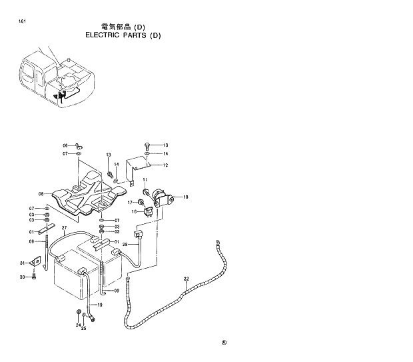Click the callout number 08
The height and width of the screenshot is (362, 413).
coord(41,194)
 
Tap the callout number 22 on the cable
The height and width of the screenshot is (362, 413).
coord(186,278)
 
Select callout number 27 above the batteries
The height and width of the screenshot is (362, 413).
coord(64,228)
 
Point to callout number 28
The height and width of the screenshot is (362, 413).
coord(125,245)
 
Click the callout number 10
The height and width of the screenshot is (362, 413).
coord(186,197)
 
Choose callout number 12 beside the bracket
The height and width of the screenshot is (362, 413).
coord(165,165)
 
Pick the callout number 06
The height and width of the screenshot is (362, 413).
coord(65,145)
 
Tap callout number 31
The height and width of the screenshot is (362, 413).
coord(22,263)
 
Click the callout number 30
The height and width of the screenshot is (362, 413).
coord(22,277)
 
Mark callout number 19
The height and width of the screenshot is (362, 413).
coord(100,305)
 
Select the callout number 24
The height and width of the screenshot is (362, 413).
coord(77,324)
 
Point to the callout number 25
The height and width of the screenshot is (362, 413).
coord(84,328)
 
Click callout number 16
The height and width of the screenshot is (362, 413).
coord(134,212)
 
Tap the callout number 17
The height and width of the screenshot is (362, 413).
coord(131,202)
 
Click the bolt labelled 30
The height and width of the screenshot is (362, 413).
coord(33,277)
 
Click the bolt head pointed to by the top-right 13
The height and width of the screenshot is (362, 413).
coord(147,145)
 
